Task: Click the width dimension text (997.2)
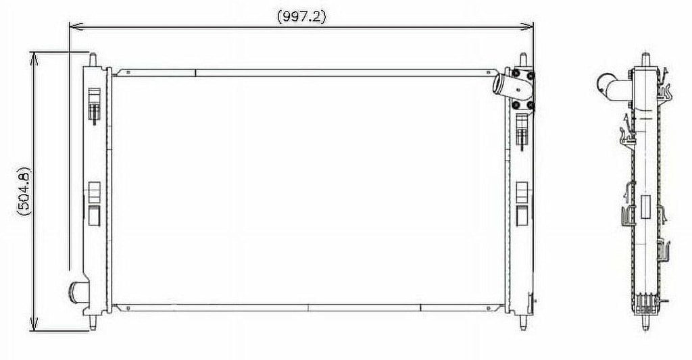(301, 18)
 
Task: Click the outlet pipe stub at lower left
(77, 292)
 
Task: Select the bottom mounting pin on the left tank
(91, 322)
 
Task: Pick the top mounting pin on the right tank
(523, 60)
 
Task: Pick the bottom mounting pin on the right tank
(523, 322)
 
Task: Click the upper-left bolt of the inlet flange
(516, 74)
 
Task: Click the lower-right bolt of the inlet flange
(530, 105)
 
